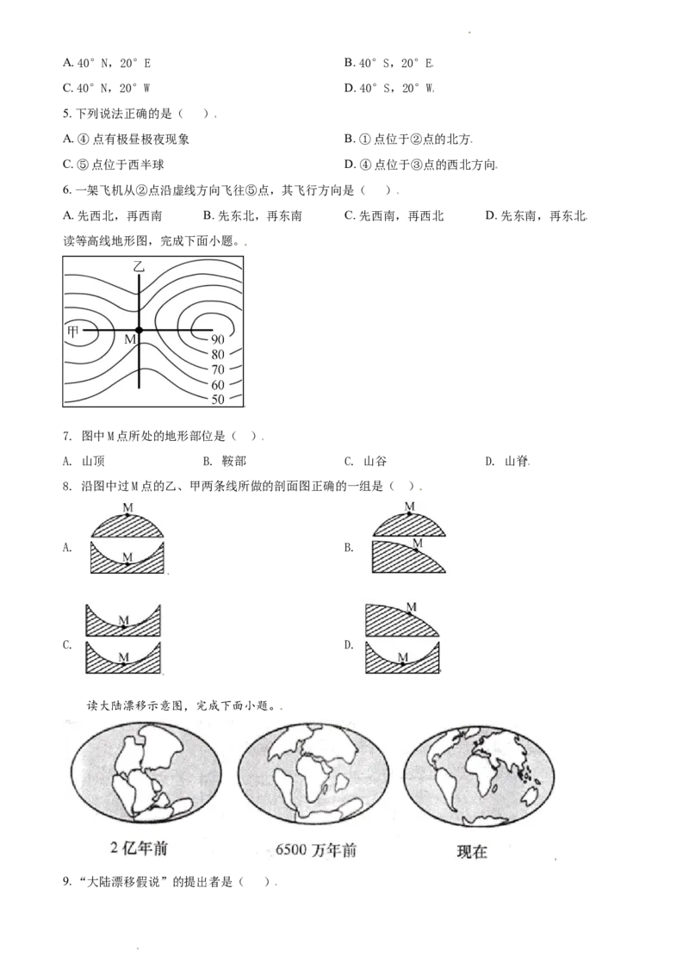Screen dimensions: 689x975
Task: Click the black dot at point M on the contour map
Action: [139, 330]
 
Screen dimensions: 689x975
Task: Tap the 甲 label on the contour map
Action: [72, 332]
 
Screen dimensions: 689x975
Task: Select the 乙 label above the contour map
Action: [139, 267]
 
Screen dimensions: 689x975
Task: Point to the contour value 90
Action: [218, 339]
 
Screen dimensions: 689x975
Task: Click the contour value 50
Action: [218, 399]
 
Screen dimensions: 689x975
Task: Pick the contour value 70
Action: [218, 370]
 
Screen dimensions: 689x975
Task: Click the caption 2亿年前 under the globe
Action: [140, 848]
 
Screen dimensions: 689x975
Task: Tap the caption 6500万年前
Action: [316, 849]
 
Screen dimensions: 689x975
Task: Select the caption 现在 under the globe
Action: [472, 851]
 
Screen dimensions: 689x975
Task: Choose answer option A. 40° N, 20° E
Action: [107, 63]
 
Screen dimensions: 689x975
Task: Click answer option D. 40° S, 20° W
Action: [389, 89]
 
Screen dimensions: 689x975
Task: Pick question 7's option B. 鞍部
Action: [225, 461]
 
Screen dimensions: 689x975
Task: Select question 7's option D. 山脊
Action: [506, 461]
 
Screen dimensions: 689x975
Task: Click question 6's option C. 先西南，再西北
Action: [394, 216]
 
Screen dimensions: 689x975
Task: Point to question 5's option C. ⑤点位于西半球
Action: [114, 165]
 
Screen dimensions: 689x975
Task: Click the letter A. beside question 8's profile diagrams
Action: [67, 547]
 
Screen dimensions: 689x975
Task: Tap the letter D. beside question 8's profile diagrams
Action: [349, 645]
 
